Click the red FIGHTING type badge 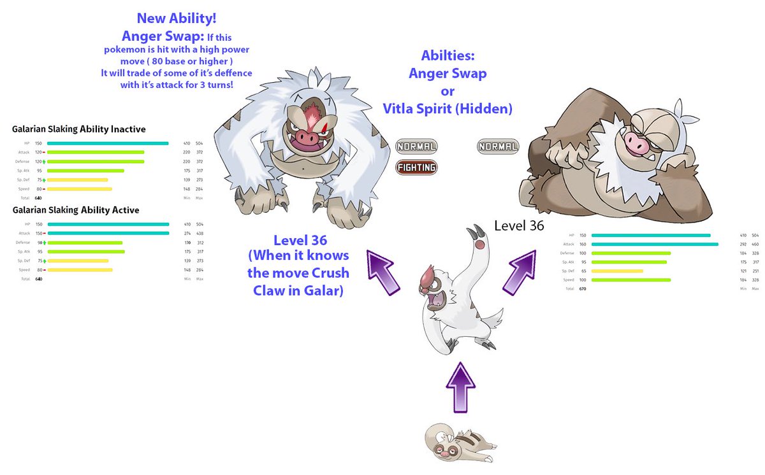(x=416, y=168)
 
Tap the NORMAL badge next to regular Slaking (x=498, y=147)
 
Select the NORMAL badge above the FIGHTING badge (x=416, y=147)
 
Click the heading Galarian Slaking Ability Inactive (x=78, y=129)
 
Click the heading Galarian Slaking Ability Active (x=75, y=210)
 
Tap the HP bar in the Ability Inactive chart (x=108, y=143)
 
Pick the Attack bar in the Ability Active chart (x=108, y=233)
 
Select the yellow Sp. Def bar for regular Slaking (x=617, y=271)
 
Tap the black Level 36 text (x=519, y=225)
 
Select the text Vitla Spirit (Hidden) (x=448, y=108)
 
